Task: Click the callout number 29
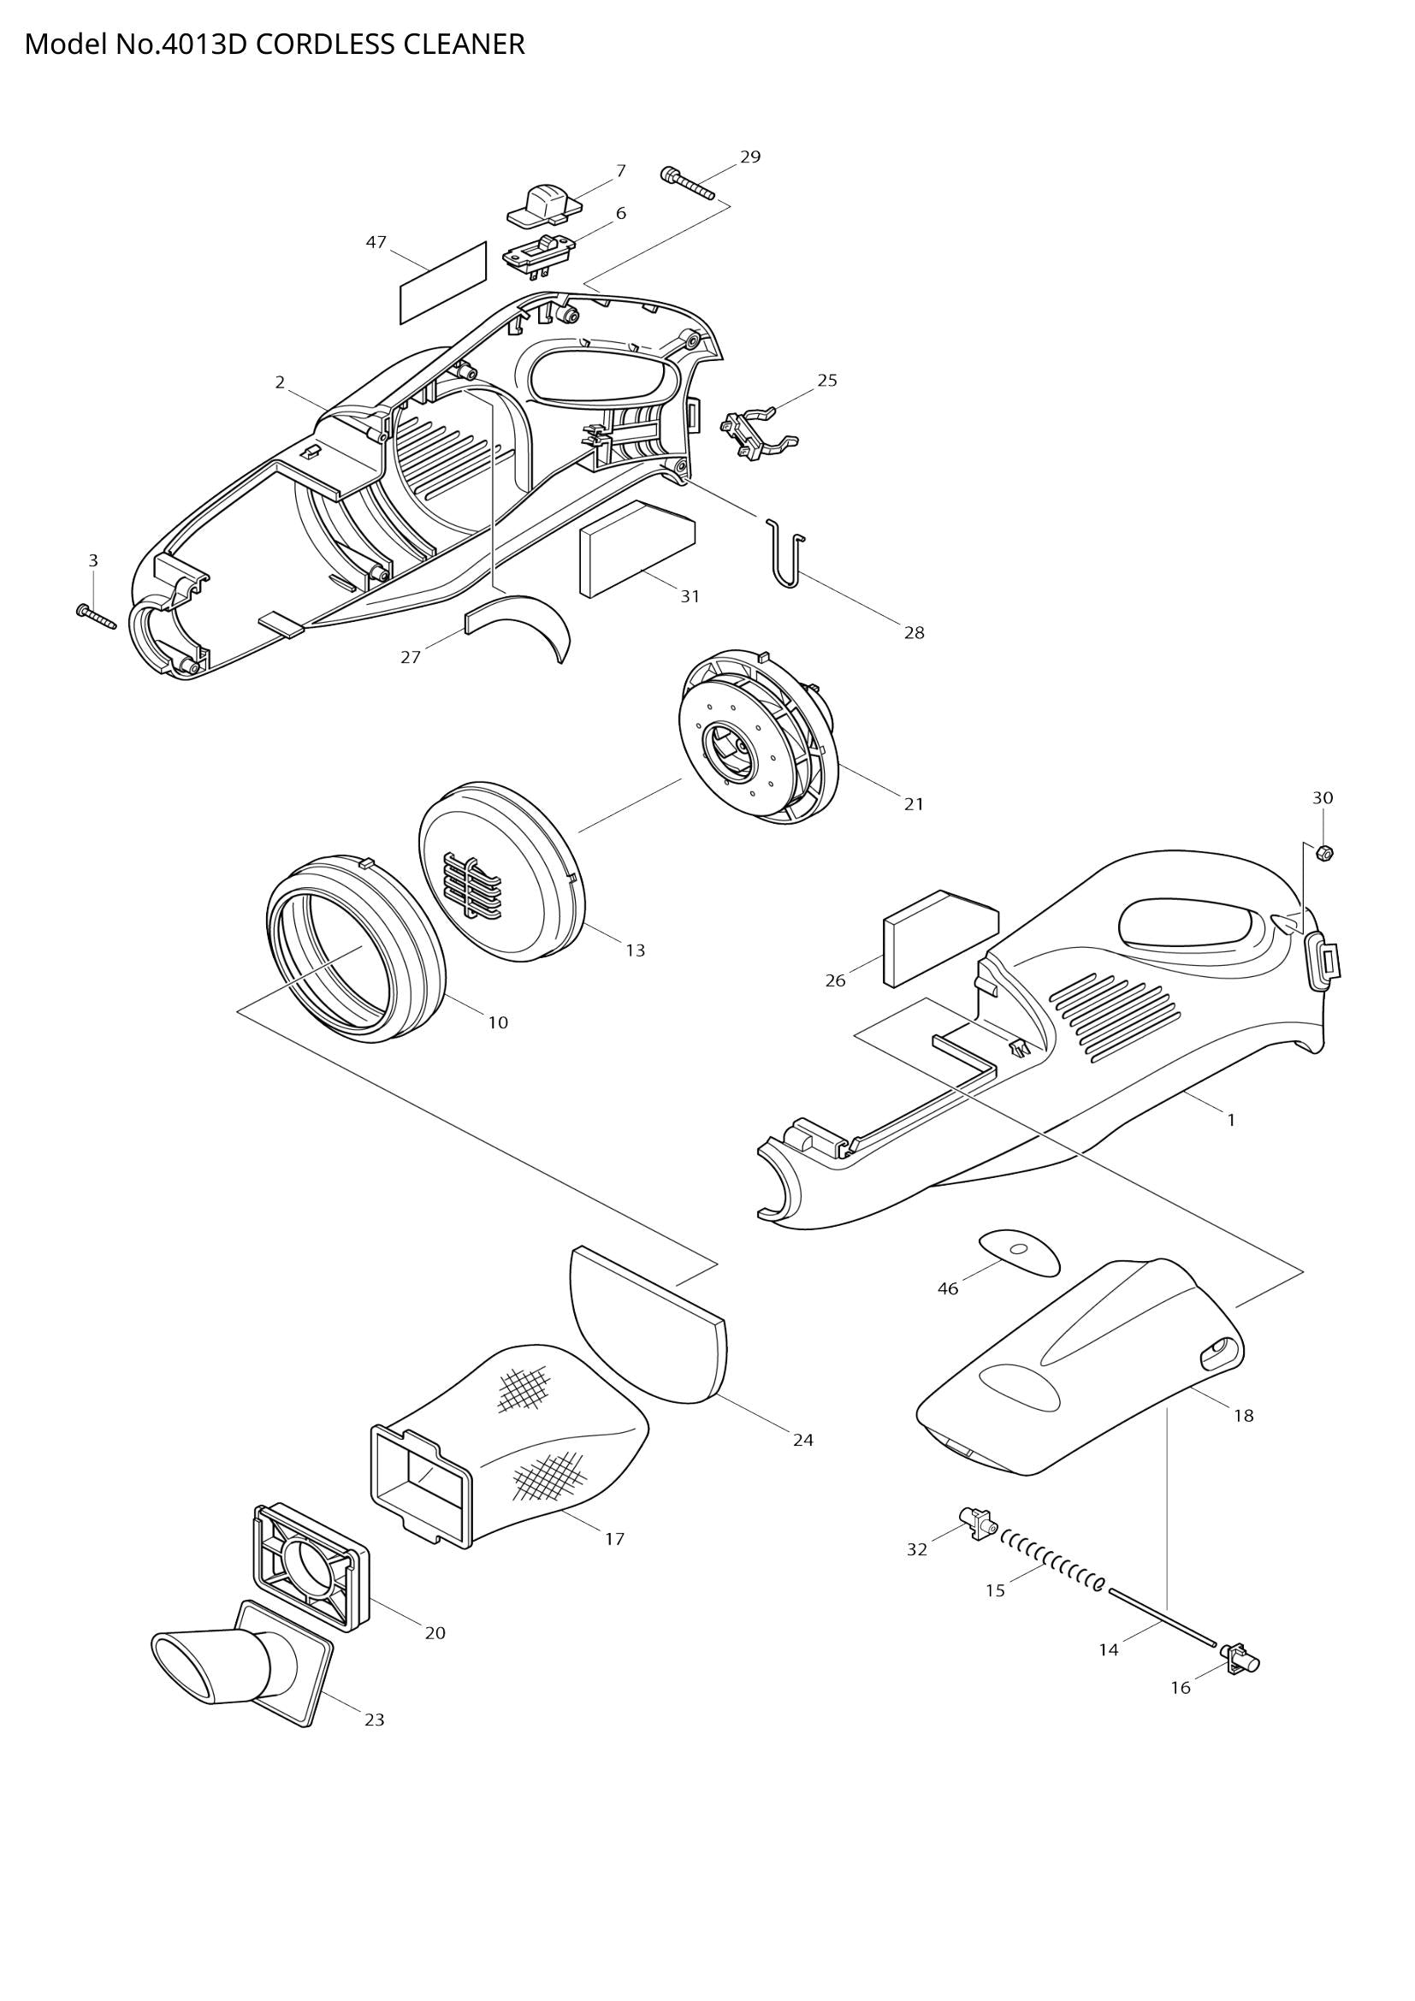[x=750, y=157]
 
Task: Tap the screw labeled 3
[x=96, y=615]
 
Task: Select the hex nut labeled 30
[x=1323, y=853]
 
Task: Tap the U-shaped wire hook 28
[x=787, y=554]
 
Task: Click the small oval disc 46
[x=1020, y=1252]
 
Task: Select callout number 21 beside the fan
[x=913, y=803]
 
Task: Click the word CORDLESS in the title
[x=323, y=44]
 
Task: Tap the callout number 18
[x=1243, y=1415]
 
